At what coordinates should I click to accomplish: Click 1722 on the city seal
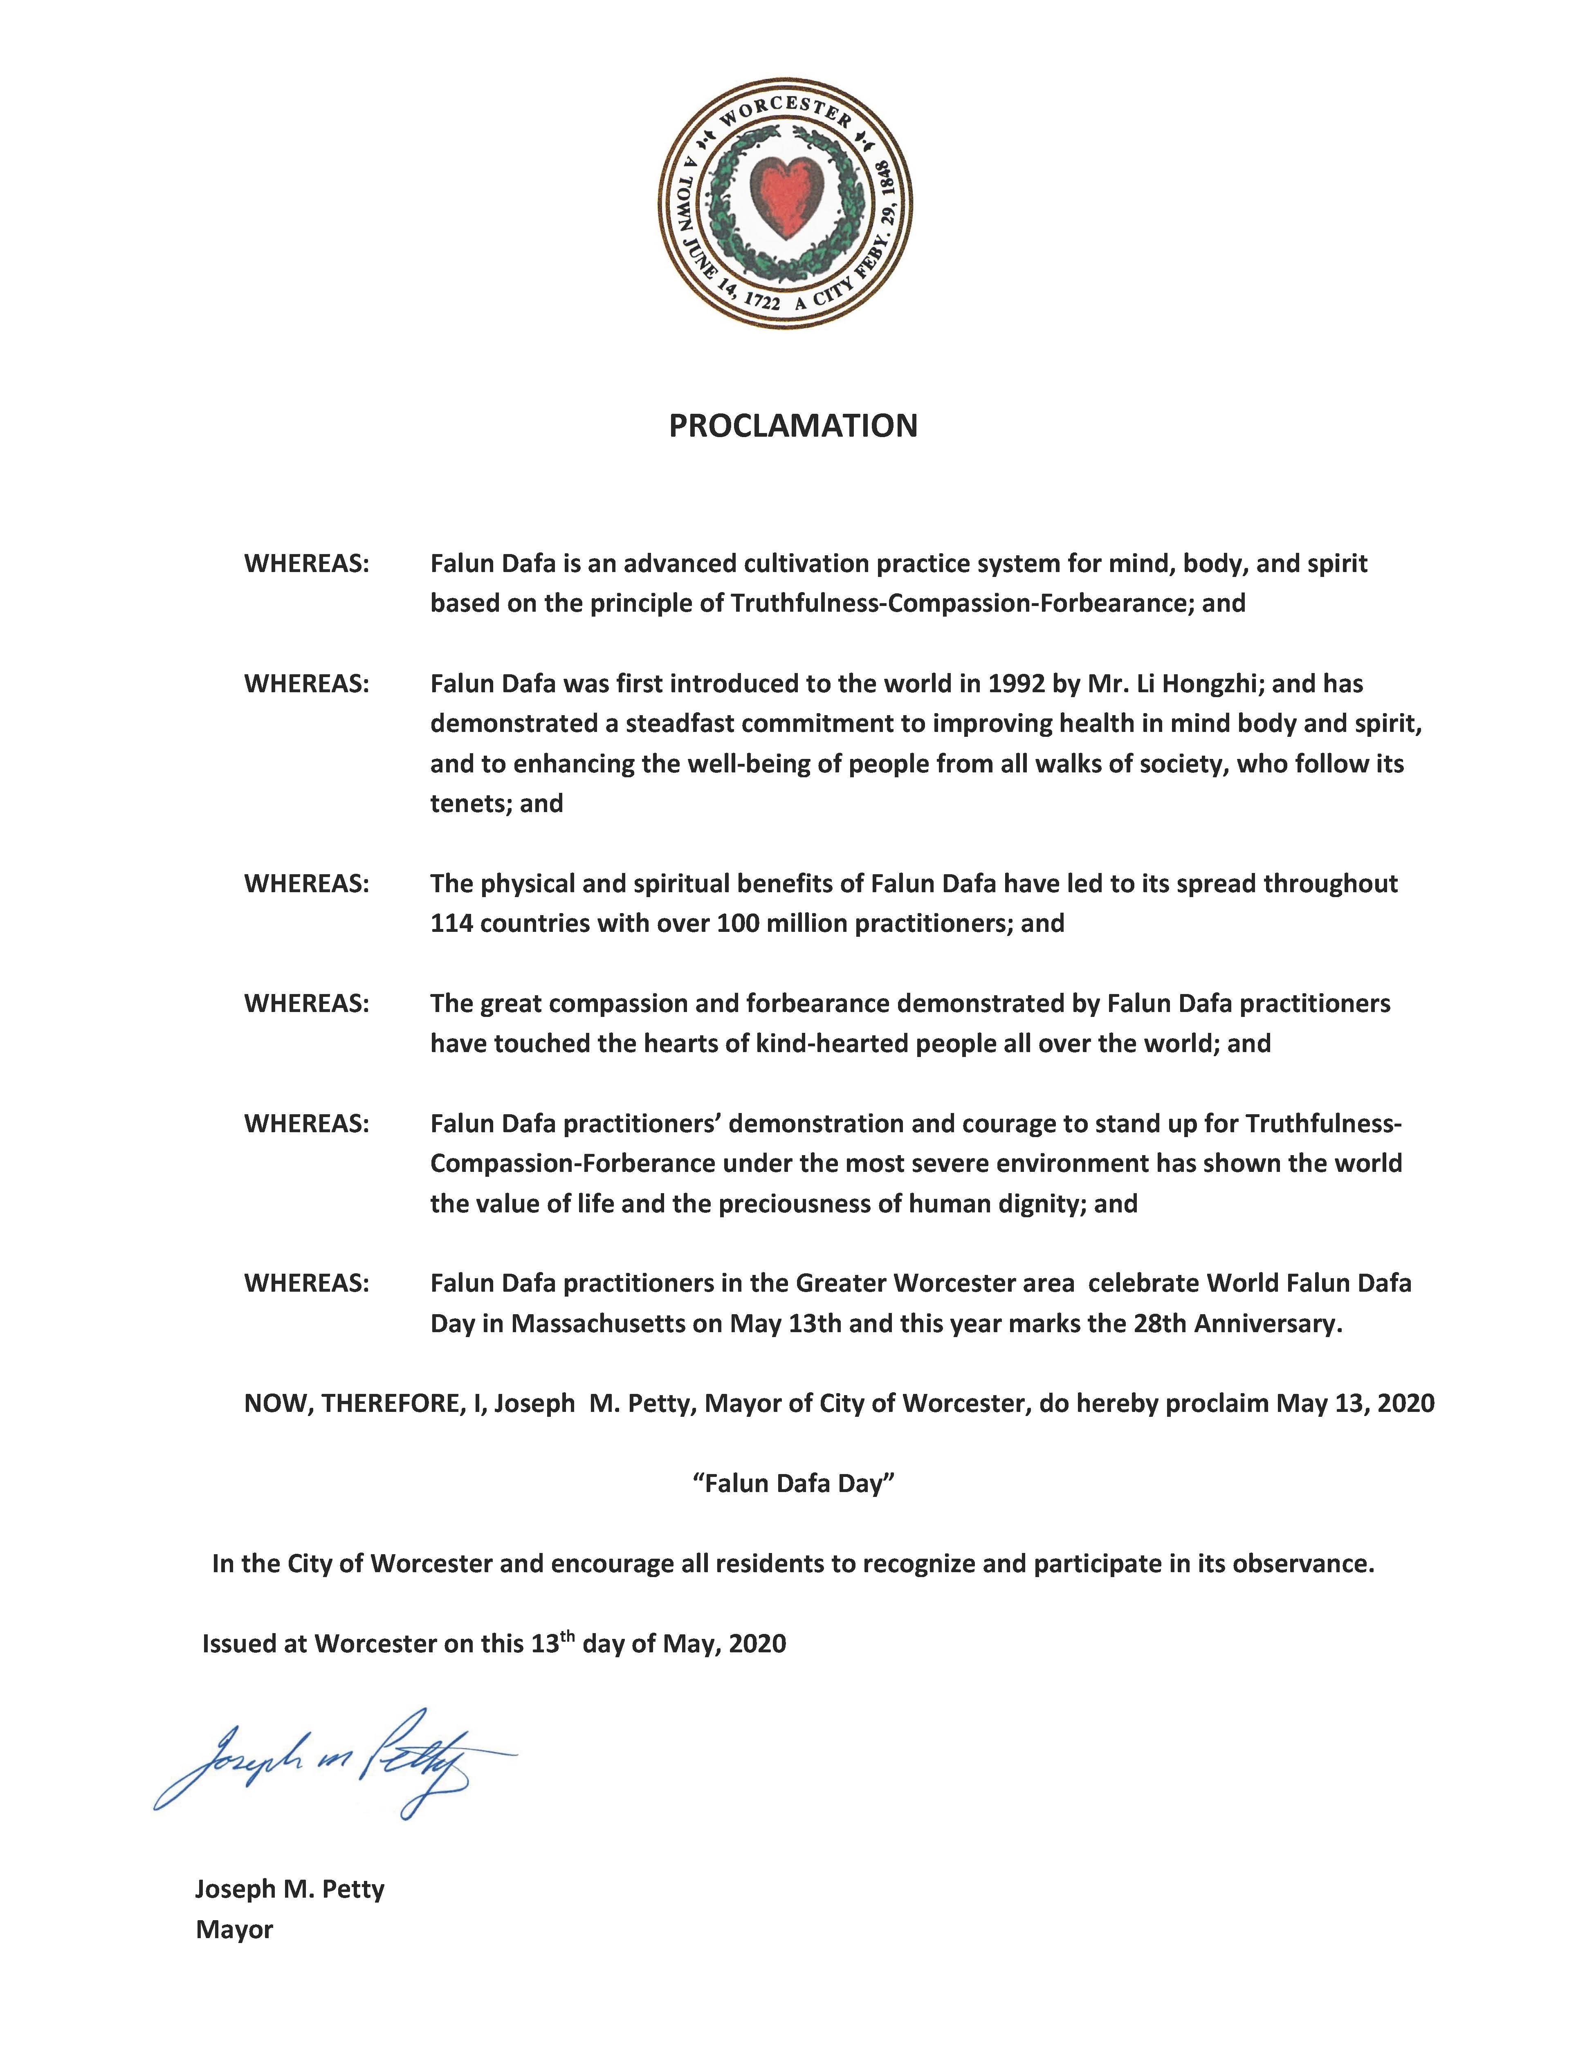[761, 300]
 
